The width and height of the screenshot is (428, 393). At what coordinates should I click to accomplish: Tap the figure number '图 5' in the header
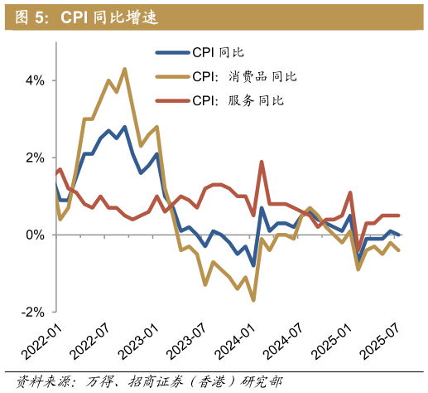[30, 17]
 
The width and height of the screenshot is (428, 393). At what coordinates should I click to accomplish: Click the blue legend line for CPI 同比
[172, 52]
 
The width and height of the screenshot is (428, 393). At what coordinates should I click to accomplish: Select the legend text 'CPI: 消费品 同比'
[244, 76]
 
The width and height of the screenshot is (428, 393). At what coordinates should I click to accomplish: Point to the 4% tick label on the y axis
[35, 80]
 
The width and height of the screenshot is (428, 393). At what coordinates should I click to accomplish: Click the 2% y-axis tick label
[35, 158]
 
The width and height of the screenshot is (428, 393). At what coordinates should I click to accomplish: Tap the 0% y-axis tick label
[35, 235]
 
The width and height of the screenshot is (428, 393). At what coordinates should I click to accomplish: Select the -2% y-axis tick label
[33, 312]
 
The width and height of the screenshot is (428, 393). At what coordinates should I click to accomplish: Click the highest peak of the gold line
[124, 69]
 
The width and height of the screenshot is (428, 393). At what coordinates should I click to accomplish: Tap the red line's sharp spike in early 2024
[262, 162]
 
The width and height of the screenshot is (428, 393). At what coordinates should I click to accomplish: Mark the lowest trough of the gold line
[253, 300]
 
